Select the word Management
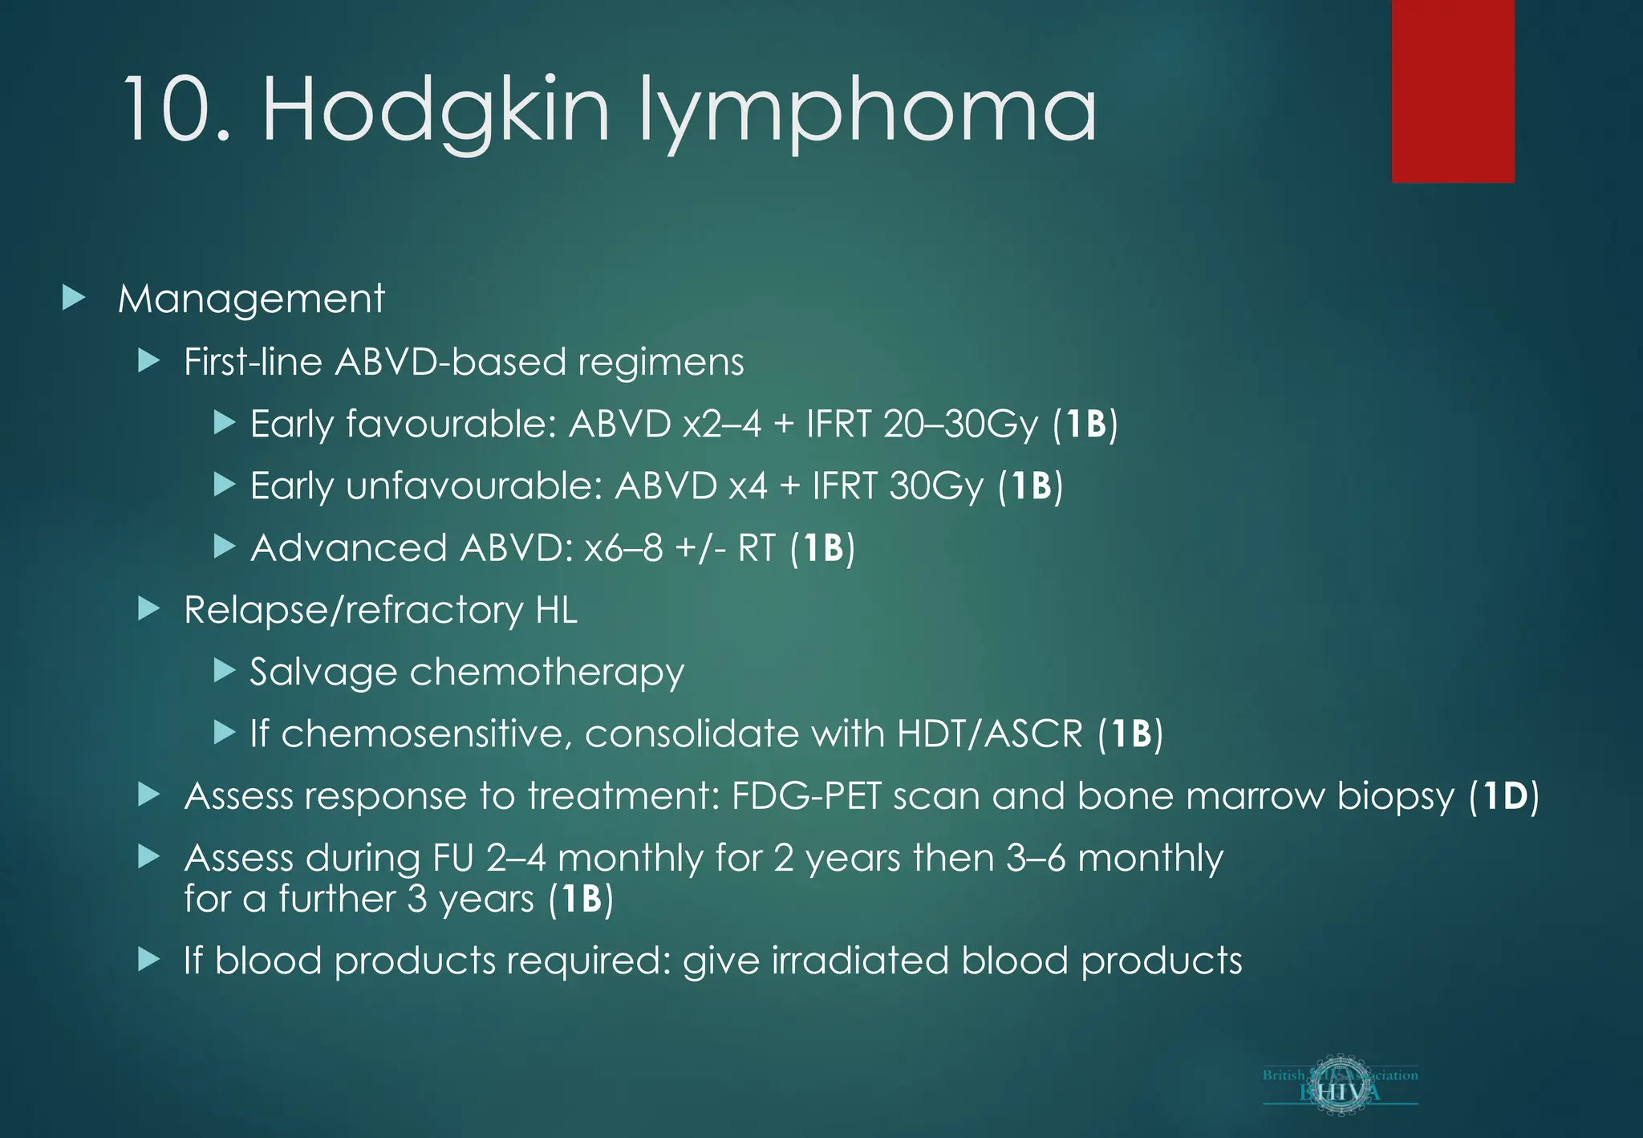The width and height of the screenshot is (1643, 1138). pos(251,299)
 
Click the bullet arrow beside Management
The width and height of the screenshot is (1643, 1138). pos(74,298)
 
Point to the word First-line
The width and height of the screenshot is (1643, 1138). pos(253,361)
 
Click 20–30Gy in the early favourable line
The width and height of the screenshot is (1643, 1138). pos(960,424)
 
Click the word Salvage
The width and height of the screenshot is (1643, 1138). pos(323,672)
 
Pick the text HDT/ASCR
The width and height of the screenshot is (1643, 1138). pos(990,734)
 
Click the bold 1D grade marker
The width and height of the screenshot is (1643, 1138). pos(1504,796)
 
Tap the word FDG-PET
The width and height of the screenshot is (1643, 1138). pos(805,796)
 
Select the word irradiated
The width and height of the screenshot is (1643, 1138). pos(860,961)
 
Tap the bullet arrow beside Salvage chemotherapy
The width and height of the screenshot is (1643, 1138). pos(225,671)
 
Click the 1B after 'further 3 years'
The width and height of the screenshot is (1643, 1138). pos(581,899)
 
